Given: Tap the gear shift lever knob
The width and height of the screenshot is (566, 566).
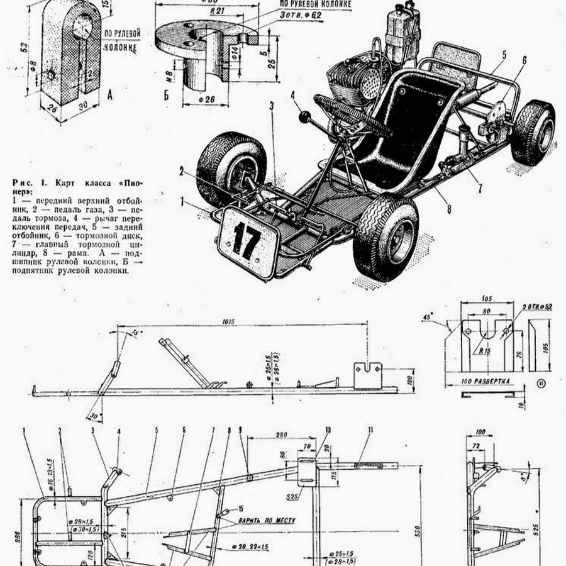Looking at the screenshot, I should pos(306,117).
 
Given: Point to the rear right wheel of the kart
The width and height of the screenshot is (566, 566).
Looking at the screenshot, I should pos(533,131).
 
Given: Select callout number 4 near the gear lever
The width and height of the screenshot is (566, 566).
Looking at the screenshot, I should pos(293,96).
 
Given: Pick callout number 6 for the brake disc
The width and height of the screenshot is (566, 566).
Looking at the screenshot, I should pos(523,60).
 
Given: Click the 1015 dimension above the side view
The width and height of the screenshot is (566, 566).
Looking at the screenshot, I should pos(228,322).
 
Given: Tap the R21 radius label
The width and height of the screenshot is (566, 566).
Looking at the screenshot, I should pos(218,11).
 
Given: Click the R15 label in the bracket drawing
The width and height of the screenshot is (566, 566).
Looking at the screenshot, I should pos(483,352).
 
